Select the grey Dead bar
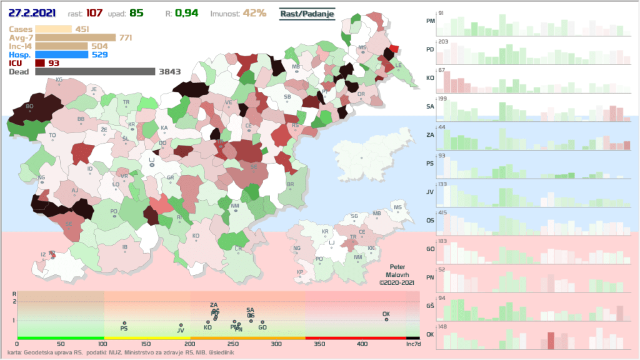pyautogui.click(x=94, y=71)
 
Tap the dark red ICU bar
pyautogui.click(x=40, y=62)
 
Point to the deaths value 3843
pyautogui.click(x=169, y=71)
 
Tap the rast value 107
pyautogui.click(x=95, y=13)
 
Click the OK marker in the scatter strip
pyautogui.click(x=386, y=319)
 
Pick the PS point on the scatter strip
pyautogui.click(x=124, y=323)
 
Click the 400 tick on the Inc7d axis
pyautogui.click(x=362, y=344)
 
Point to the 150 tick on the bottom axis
pyautogui.click(x=146, y=344)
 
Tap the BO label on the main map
pyautogui.click(x=29, y=106)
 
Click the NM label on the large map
pyautogui.click(x=235, y=206)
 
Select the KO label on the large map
pyautogui.click(x=196, y=236)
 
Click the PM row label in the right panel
pyautogui.click(x=430, y=21)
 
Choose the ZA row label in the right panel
pyautogui.click(x=430, y=135)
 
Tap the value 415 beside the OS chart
pyautogui.click(x=442, y=213)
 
